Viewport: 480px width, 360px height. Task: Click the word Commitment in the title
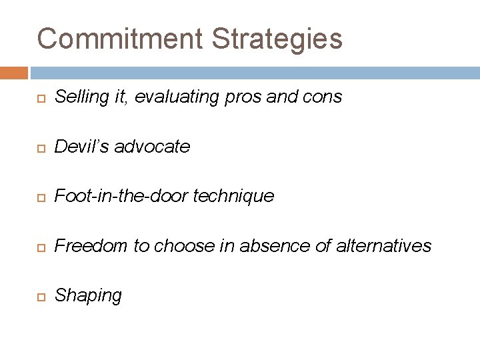tap(119, 39)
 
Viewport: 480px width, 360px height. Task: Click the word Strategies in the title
tap(277, 39)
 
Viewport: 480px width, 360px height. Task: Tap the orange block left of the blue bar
tap(13, 72)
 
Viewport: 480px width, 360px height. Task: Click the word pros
tap(243, 97)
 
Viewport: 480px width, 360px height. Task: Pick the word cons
tap(323, 97)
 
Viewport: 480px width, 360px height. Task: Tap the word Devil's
tap(82, 147)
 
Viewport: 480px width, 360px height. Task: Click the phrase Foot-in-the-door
tap(121, 196)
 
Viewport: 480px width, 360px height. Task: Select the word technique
tap(234, 196)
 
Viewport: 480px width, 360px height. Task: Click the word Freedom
tap(91, 246)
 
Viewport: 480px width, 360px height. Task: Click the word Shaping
tap(88, 296)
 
